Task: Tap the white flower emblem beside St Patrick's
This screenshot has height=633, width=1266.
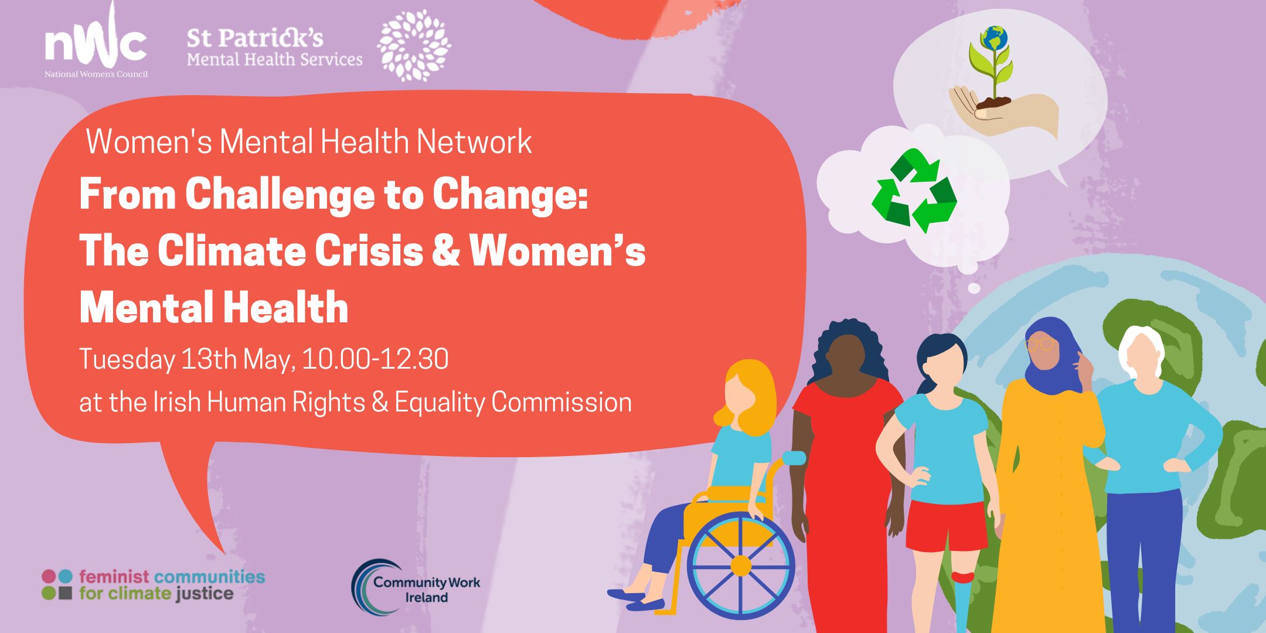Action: click(414, 45)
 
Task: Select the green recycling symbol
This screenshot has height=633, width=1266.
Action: click(914, 190)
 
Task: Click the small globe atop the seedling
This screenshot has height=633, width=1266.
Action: click(996, 37)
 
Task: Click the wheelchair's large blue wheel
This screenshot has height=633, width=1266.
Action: click(741, 566)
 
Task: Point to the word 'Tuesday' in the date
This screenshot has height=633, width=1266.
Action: click(127, 359)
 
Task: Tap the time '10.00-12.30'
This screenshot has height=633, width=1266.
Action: click(375, 359)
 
